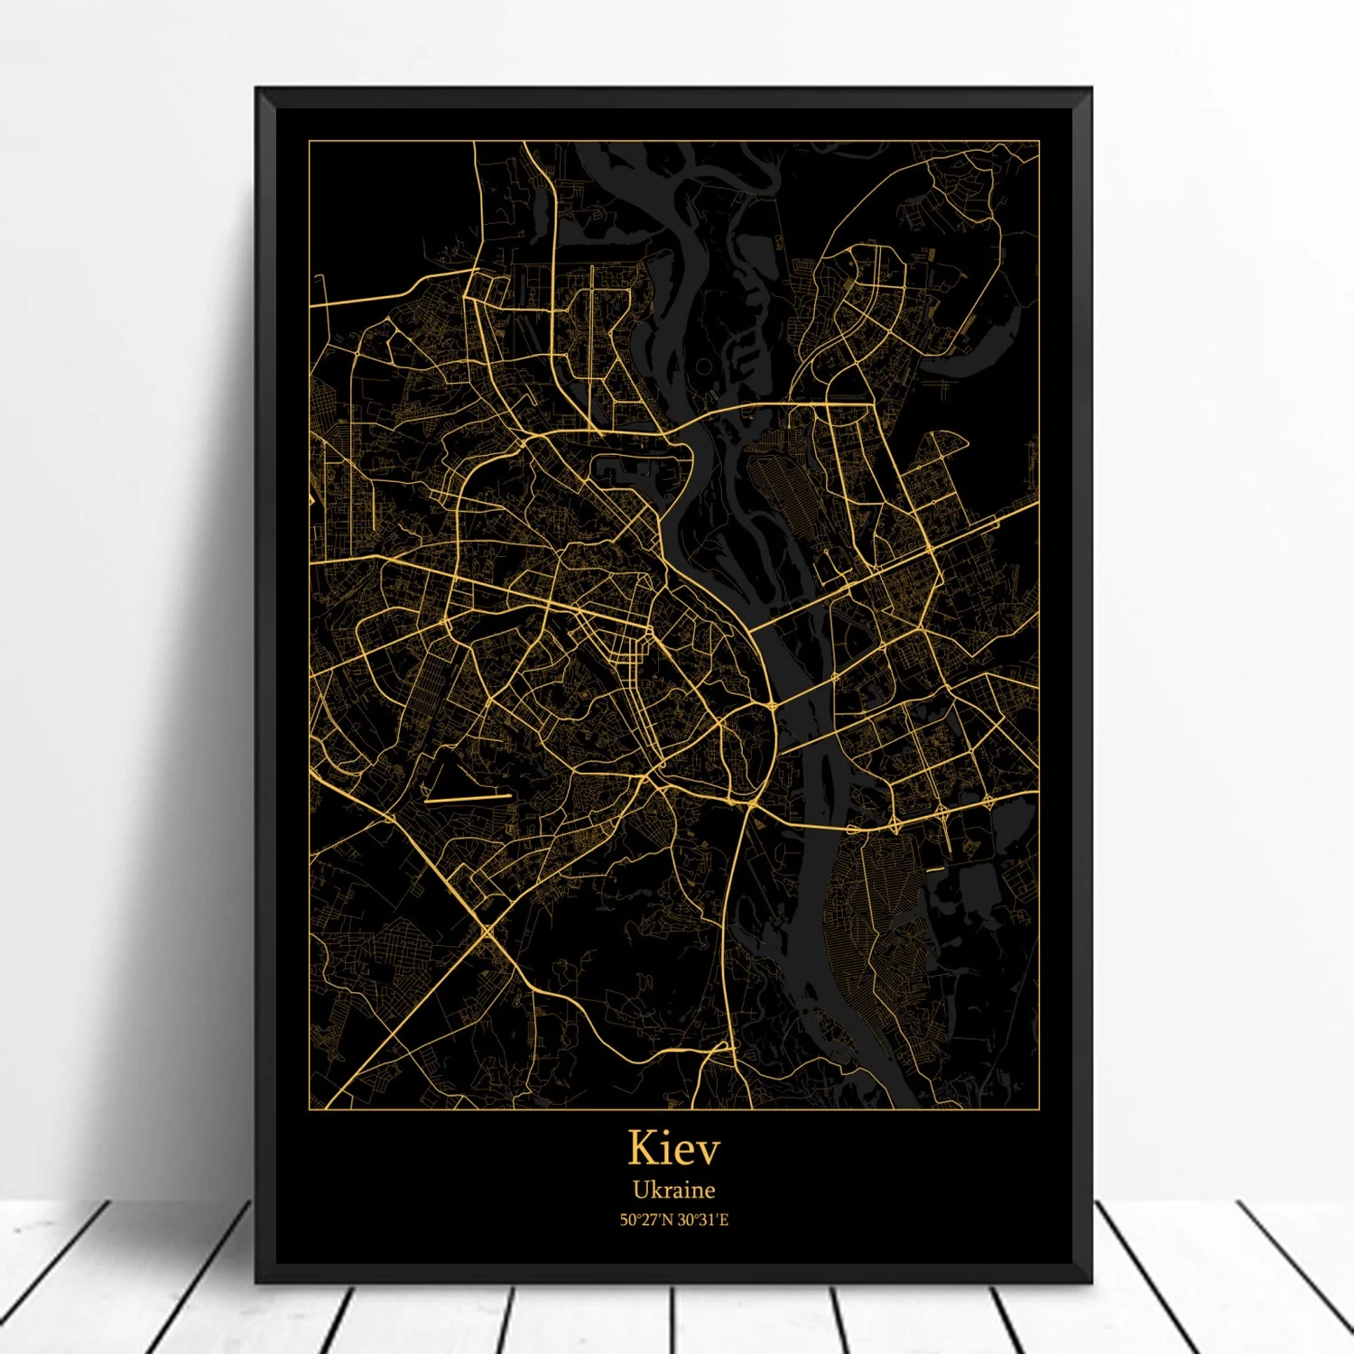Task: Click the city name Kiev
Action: click(674, 1147)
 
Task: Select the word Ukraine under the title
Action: click(673, 1190)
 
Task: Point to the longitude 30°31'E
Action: click(702, 1220)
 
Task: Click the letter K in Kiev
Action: click(644, 1147)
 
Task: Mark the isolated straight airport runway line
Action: click(467, 798)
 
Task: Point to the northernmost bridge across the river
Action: click(722, 413)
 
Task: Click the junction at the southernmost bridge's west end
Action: click(752, 802)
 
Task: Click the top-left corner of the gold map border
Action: click(310, 142)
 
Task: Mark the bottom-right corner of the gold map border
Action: click(1039, 1108)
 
